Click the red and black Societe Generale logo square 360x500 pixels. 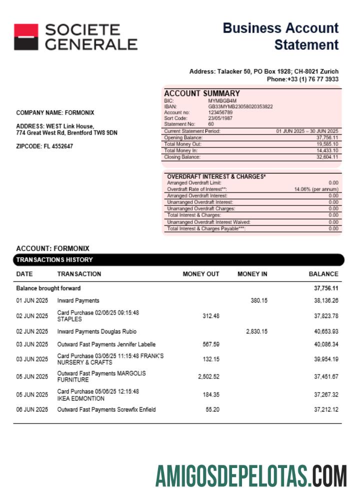click(x=25, y=37)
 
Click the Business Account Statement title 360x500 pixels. click(x=280, y=36)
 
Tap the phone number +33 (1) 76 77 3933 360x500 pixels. click(x=302, y=79)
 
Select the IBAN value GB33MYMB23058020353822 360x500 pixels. click(x=240, y=106)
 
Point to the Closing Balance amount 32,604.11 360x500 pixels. click(x=327, y=157)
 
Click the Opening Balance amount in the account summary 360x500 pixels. click(x=327, y=137)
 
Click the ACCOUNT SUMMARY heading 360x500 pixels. click(x=202, y=93)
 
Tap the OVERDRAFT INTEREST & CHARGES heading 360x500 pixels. click(x=216, y=176)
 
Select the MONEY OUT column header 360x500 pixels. click(x=201, y=274)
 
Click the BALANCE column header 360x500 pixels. click(x=323, y=274)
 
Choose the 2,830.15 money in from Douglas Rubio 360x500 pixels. click(x=257, y=331)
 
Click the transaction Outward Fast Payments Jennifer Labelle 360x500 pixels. click(x=106, y=344)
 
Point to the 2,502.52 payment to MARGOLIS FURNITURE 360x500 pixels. click(x=208, y=377)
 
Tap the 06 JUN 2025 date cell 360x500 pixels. click(x=32, y=409)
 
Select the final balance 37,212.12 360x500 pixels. click(x=326, y=409)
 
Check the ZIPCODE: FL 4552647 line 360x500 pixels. click(x=44, y=146)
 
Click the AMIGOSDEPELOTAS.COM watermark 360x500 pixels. click(x=251, y=475)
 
